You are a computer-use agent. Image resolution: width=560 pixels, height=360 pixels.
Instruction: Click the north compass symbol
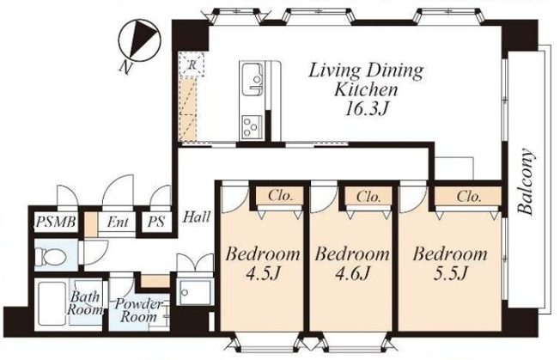[140, 40]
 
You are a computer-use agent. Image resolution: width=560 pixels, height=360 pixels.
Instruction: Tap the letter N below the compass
[125, 67]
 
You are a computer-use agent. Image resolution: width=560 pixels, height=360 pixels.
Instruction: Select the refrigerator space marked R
[192, 65]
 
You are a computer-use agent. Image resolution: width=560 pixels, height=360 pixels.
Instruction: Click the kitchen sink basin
[253, 79]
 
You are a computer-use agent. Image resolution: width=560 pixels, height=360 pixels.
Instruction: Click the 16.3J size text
[366, 108]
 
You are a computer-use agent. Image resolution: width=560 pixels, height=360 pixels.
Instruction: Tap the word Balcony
[527, 181]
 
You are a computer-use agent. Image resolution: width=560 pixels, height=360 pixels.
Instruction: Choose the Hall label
[197, 217]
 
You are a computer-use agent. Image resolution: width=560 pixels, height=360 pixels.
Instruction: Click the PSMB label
[56, 223]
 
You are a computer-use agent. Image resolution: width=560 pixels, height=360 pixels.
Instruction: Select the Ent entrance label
[118, 223]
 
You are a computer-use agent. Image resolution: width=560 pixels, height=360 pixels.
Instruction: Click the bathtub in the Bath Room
[52, 303]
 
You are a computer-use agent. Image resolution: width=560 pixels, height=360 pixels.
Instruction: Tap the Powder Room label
[137, 310]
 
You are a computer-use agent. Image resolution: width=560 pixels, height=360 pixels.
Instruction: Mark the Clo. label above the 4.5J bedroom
[280, 196]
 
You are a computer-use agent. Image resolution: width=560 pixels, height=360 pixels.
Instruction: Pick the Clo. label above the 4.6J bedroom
[368, 196]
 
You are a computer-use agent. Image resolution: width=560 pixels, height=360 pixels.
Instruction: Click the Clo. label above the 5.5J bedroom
[469, 196]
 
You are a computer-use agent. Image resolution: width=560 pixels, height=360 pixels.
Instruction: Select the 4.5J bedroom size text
[262, 274]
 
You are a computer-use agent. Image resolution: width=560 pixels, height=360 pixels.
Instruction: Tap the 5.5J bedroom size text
[450, 274]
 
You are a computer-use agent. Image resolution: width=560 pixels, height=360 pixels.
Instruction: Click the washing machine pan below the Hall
[195, 292]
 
